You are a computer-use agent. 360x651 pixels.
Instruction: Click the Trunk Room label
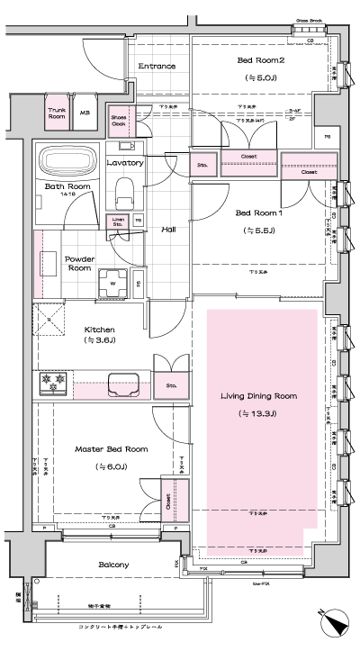[x=57, y=113]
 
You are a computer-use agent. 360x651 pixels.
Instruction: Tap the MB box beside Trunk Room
[x=85, y=113]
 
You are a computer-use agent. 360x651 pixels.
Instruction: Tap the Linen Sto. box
[x=118, y=221]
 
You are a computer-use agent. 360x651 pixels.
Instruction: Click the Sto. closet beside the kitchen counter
[x=171, y=384]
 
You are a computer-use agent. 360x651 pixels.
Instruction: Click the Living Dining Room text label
[x=258, y=396]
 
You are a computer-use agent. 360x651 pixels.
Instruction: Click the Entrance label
[x=157, y=65]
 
